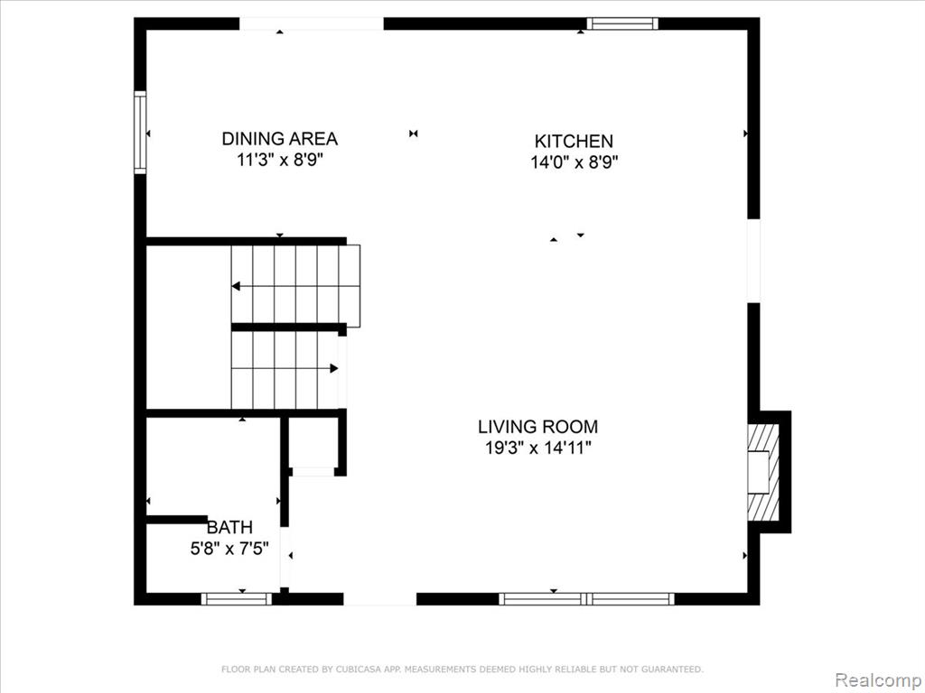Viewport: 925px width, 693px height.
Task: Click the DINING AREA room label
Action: [x=280, y=138]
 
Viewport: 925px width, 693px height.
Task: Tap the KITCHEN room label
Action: [x=574, y=141]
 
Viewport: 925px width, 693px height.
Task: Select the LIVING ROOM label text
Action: [x=538, y=426]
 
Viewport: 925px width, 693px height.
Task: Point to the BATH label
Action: [x=229, y=527]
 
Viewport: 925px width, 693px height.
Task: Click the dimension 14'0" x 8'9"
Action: [x=574, y=162]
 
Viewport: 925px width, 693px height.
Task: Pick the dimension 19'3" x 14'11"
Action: [x=538, y=448]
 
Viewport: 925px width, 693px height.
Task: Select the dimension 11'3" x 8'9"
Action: [x=280, y=160]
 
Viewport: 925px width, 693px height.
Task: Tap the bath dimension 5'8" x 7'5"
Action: [x=229, y=549]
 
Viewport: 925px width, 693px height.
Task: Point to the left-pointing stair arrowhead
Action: [x=236, y=286]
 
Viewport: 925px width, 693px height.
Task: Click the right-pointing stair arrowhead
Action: [x=334, y=368]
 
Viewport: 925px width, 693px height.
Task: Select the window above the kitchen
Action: [x=622, y=23]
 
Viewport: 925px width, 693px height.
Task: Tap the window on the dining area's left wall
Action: [x=140, y=132]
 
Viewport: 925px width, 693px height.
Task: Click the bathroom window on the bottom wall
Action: [x=236, y=599]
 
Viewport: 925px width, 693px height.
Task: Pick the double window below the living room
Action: [x=586, y=599]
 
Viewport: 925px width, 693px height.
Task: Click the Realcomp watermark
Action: [x=879, y=680]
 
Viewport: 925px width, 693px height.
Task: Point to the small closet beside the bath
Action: [x=313, y=442]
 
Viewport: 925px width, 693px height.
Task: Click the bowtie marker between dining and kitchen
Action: [x=414, y=134]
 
